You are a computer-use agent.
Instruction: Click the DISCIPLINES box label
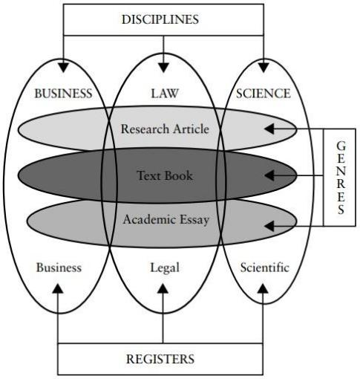(x=160, y=19)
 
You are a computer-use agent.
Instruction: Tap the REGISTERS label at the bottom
(x=160, y=359)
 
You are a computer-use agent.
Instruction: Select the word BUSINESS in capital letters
(x=63, y=94)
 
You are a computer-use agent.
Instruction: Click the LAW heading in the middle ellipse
(x=165, y=94)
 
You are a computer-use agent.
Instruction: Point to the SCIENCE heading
(x=263, y=94)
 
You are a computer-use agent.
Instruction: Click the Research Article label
(x=165, y=129)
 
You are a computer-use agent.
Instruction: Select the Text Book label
(x=165, y=175)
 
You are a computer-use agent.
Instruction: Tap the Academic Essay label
(x=166, y=220)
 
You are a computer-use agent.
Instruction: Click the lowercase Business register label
(x=59, y=268)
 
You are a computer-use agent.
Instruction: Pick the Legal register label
(x=165, y=268)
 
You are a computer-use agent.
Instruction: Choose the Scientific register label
(x=265, y=268)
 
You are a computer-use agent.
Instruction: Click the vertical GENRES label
(x=341, y=178)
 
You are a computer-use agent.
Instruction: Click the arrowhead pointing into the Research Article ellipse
(x=269, y=129)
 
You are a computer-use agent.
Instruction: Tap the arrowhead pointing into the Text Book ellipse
(x=269, y=175)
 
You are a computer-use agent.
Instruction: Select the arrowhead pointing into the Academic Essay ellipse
(x=269, y=226)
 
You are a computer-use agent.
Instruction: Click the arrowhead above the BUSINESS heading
(x=63, y=68)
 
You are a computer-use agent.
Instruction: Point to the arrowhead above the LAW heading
(x=163, y=68)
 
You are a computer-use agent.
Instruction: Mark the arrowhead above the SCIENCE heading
(x=264, y=68)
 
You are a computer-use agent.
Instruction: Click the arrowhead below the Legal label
(x=163, y=288)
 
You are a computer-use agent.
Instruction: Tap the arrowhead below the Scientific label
(x=263, y=288)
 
